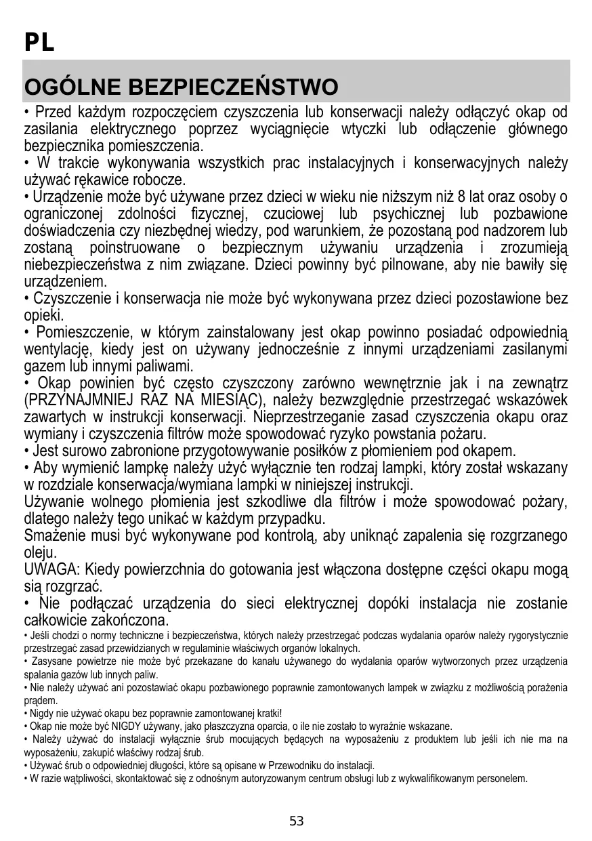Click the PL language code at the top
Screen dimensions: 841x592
pyautogui.click(x=39, y=43)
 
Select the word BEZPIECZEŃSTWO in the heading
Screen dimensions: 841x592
pyautogui.click(x=232, y=88)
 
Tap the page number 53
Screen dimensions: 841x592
pyautogui.click(x=297, y=821)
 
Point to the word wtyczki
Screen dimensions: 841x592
pyautogui.click(x=368, y=129)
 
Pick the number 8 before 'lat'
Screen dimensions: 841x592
pyautogui.click(x=462, y=197)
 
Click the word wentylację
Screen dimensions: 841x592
pyautogui.click(x=58, y=350)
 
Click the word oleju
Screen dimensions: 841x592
pyautogui.click(x=39, y=553)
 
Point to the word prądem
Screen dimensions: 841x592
pyautogui.click(x=38, y=700)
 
